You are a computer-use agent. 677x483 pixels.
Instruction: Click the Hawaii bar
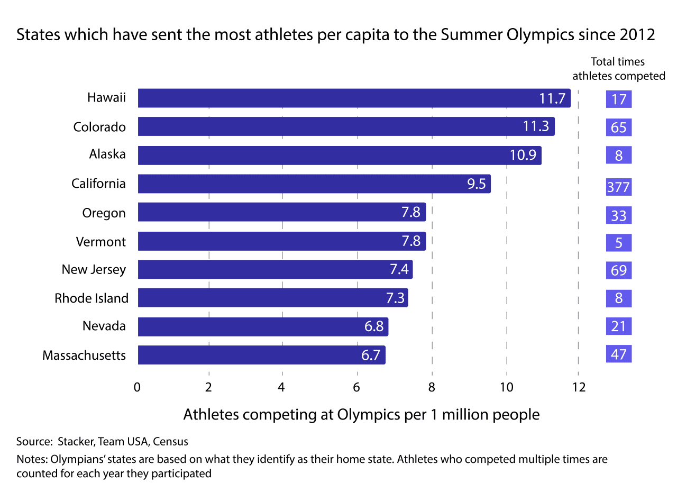(x=354, y=98)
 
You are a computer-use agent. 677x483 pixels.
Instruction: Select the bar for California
(x=314, y=184)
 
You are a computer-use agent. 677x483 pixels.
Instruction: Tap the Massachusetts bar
(x=261, y=355)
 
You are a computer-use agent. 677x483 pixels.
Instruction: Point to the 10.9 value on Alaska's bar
(x=523, y=156)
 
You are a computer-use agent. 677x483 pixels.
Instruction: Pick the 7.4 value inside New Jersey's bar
(x=399, y=270)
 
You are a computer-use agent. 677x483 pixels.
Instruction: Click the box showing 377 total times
(x=619, y=187)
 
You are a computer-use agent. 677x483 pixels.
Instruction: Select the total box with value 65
(x=619, y=127)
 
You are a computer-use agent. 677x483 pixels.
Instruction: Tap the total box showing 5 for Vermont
(x=619, y=243)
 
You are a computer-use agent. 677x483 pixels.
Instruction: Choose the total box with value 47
(x=619, y=354)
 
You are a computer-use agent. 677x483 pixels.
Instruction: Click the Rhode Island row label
(x=92, y=298)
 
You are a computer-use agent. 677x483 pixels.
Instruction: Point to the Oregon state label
(x=104, y=213)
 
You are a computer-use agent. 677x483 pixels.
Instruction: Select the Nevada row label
(x=104, y=326)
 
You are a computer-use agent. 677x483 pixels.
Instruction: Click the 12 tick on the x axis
(x=579, y=387)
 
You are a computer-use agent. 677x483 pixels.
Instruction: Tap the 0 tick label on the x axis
(x=138, y=387)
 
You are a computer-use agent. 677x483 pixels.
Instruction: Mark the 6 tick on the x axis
(x=357, y=387)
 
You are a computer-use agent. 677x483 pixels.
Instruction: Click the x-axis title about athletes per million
(x=361, y=414)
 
